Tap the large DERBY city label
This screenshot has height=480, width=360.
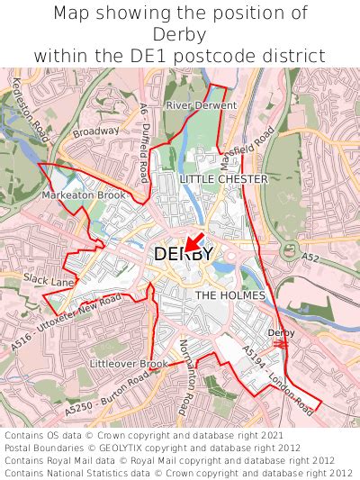(x=183, y=255)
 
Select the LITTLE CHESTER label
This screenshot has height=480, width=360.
(x=223, y=179)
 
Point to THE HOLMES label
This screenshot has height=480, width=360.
(x=230, y=295)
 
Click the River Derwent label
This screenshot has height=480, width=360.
(x=201, y=105)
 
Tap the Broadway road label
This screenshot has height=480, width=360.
(x=95, y=131)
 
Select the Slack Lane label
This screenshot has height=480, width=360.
(x=49, y=281)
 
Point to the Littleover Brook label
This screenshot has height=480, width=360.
(x=128, y=364)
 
